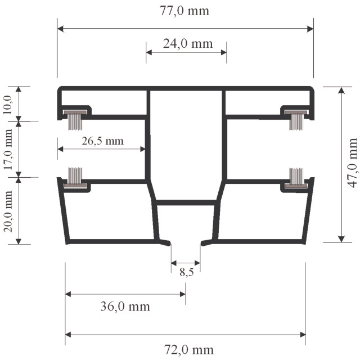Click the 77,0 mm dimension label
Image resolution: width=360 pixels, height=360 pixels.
pos(184,11)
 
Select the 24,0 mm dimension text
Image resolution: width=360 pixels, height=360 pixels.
pos(188,44)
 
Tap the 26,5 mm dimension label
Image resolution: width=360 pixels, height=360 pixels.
pos(102,141)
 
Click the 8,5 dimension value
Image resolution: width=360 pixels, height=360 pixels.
pos(186,272)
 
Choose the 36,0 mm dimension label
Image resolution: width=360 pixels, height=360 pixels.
pos(125,306)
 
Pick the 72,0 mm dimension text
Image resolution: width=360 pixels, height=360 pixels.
pos(189,350)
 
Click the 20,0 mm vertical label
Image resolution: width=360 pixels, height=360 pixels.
pos(8,211)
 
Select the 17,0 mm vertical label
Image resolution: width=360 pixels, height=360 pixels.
pos(8,150)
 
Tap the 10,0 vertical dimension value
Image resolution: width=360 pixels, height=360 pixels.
pos(7,105)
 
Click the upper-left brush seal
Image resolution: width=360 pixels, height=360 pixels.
pos(75,120)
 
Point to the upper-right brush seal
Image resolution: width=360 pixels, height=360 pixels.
pos(296,120)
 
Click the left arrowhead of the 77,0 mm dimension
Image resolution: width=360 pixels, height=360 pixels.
pos(60,29)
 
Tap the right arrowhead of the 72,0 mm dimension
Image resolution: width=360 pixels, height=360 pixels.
pos(303,335)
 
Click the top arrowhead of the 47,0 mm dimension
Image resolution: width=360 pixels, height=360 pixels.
pos(341,90)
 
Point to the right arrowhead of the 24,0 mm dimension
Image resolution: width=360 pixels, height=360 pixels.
pos(223,52)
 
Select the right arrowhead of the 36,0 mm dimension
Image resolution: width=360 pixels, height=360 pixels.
pos(182,294)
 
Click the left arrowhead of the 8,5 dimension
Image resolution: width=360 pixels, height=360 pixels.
pos(174,263)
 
